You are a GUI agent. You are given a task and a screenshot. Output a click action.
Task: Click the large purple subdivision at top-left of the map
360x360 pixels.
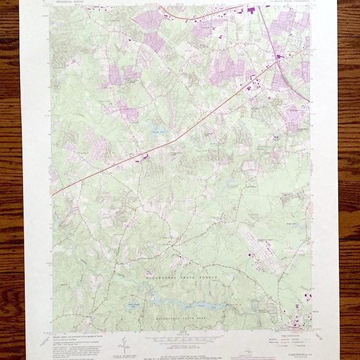pyautogui.click(x=147, y=20)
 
